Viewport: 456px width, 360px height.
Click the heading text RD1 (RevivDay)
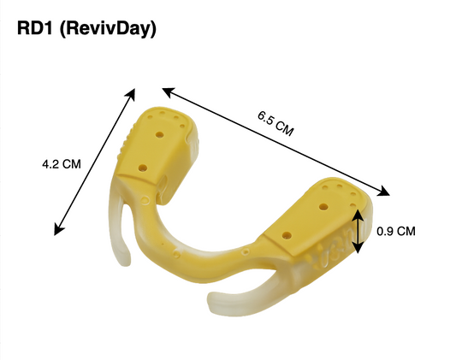[x=86, y=29]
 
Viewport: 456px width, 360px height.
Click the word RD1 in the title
[x=34, y=28]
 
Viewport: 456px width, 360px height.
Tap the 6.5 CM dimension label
[x=275, y=123]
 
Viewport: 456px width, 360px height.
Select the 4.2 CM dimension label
[x=62, y=164]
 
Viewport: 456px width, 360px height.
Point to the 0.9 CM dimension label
[x=396, y=232]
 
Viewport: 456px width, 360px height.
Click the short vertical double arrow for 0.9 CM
[x=358, y=232]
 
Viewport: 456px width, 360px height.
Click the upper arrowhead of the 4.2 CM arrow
[x=131, y=94]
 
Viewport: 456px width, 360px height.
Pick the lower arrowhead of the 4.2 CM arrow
[x=58, y=228]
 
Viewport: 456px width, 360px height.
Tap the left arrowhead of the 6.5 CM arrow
[x=169, y=91]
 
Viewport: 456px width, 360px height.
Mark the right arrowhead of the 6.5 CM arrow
[x=383, y=191]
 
